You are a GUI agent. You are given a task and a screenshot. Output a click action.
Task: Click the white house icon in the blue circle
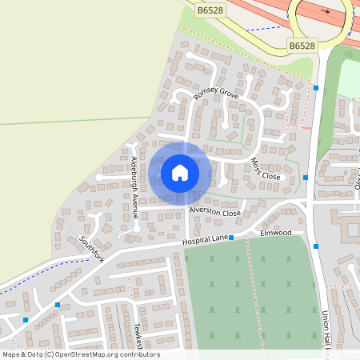pos(180,173)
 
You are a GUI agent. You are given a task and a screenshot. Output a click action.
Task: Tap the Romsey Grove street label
pos(216,94)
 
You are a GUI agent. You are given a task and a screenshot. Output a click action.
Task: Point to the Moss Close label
pos(266,169)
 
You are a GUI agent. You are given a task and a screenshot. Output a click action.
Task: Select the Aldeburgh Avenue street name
pos(135,187)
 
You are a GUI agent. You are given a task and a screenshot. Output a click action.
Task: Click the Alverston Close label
pos(214,212)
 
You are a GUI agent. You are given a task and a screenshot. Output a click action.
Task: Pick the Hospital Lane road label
pos(205,239)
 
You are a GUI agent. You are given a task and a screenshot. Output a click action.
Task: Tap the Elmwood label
pos(276,233)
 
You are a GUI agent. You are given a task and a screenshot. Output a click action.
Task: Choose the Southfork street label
pos(92,247)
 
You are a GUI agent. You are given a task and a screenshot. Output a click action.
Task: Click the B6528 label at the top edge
pos(210,10)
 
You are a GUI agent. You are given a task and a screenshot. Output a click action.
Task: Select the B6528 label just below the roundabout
pos(302,46)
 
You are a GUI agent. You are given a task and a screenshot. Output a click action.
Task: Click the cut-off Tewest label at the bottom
pos(138,335)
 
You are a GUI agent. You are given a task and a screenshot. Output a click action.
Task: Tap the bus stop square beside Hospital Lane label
pos(230,238)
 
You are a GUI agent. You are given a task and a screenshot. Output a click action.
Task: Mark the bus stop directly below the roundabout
pos(316,87)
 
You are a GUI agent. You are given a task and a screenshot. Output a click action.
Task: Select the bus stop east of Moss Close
pos(306,177)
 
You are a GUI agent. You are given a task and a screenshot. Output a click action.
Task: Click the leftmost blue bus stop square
pos(26,320)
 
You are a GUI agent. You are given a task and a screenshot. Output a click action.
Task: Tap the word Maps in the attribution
pos(12,354)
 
